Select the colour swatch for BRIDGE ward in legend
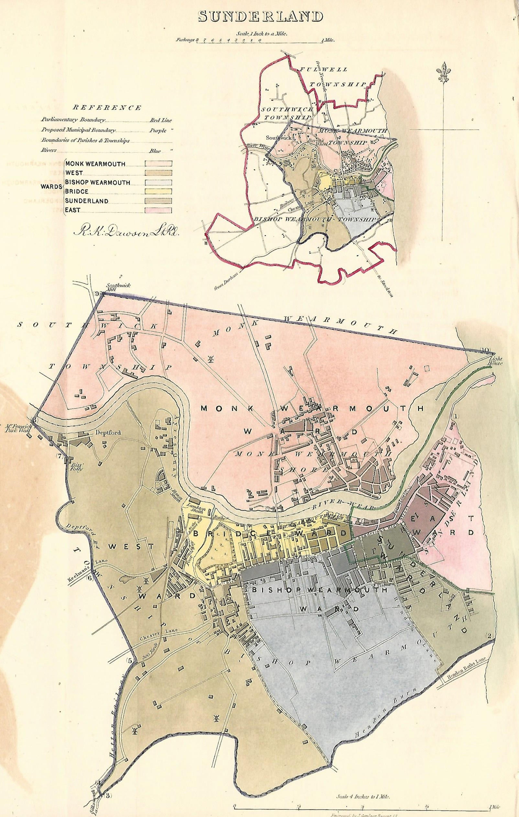click(158, 191)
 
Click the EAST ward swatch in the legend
click(158, 210)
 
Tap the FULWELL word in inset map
click(326, 69)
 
